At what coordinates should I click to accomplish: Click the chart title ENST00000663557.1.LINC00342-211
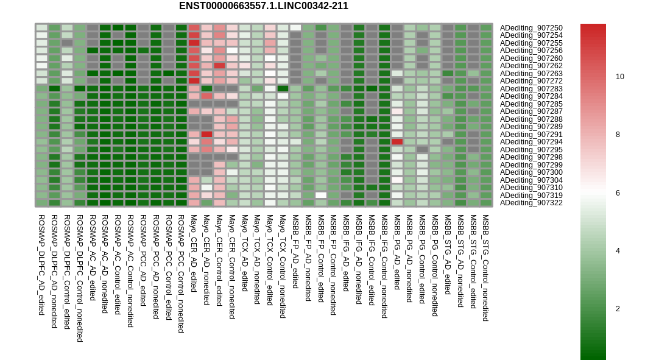click(x=263, y=5)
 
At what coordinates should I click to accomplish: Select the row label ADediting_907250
click(x=531, y=28)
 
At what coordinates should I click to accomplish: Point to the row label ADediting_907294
click(x=531, y=142)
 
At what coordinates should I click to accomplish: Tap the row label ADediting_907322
click(x=531, y=203)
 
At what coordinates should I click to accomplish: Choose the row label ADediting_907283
click(x=531, y=89)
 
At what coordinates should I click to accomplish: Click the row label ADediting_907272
click(x=531, y=81)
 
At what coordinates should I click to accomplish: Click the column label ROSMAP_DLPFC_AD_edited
click(x=41, y=265)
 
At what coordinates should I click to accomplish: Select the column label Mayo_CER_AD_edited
click(x=194, y=253)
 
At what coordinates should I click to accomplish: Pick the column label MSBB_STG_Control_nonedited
click(x=485, y=268)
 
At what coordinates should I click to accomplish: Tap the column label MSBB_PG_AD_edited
click(x=397, y=252)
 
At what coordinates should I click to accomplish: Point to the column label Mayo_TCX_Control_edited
click(x=270, y=260)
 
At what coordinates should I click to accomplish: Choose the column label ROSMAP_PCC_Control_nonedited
click(x=181, y=274)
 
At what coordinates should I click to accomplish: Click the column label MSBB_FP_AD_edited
click(x=295, y=252)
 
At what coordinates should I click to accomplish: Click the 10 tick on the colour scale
click(x=619, y=77)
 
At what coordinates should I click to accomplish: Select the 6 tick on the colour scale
click(x=618, y=193)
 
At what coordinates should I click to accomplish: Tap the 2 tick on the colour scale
click(x=618, y=309)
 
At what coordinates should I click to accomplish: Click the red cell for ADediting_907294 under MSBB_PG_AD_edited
click(x=397, y=142)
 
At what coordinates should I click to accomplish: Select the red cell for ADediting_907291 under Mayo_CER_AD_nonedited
click(x=206, y=134)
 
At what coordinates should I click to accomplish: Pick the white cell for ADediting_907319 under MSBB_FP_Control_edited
click(x=321, y=195)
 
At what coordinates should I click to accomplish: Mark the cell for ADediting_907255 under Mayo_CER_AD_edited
click(x=194, y=43)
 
